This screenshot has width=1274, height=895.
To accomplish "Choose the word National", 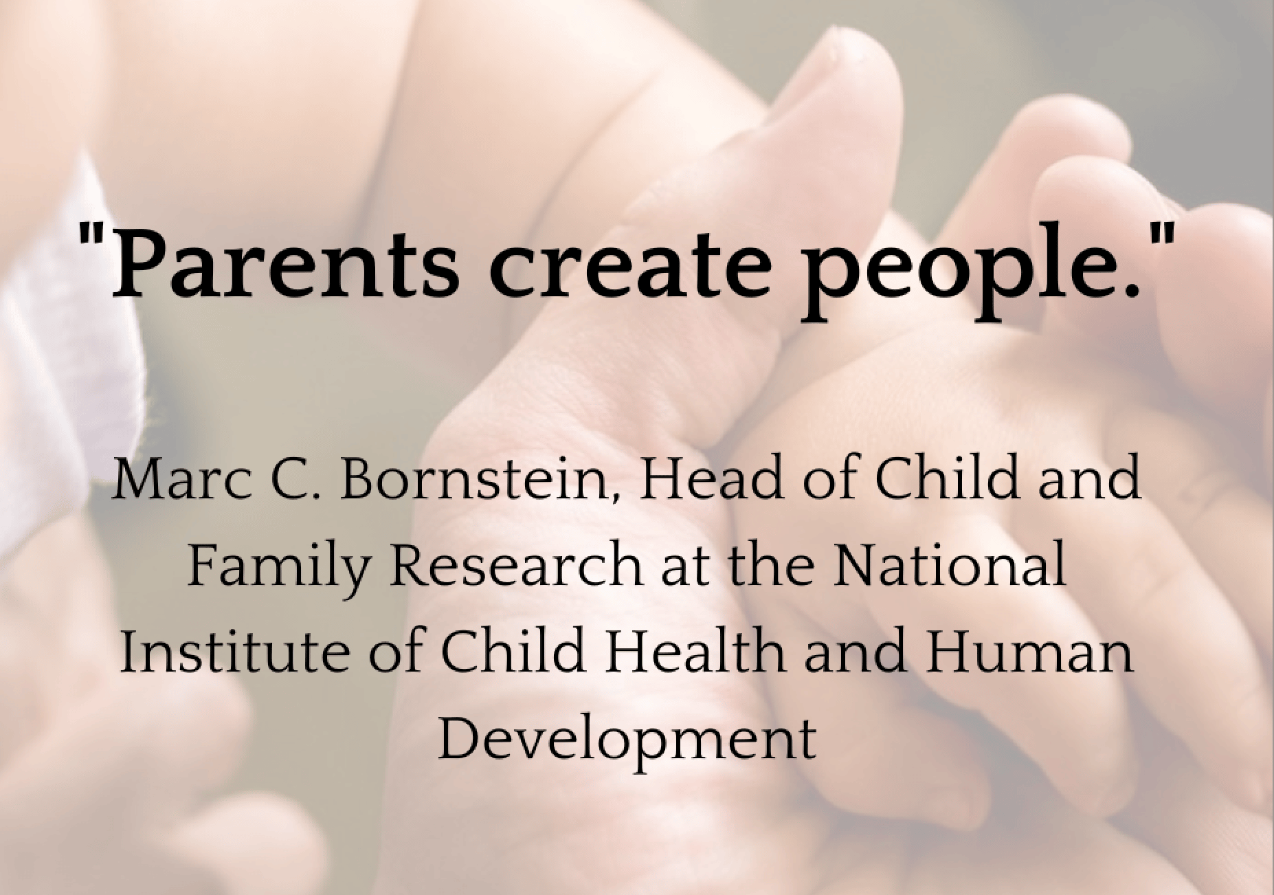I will [949, 565].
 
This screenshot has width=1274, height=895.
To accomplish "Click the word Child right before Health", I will [513, 650].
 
